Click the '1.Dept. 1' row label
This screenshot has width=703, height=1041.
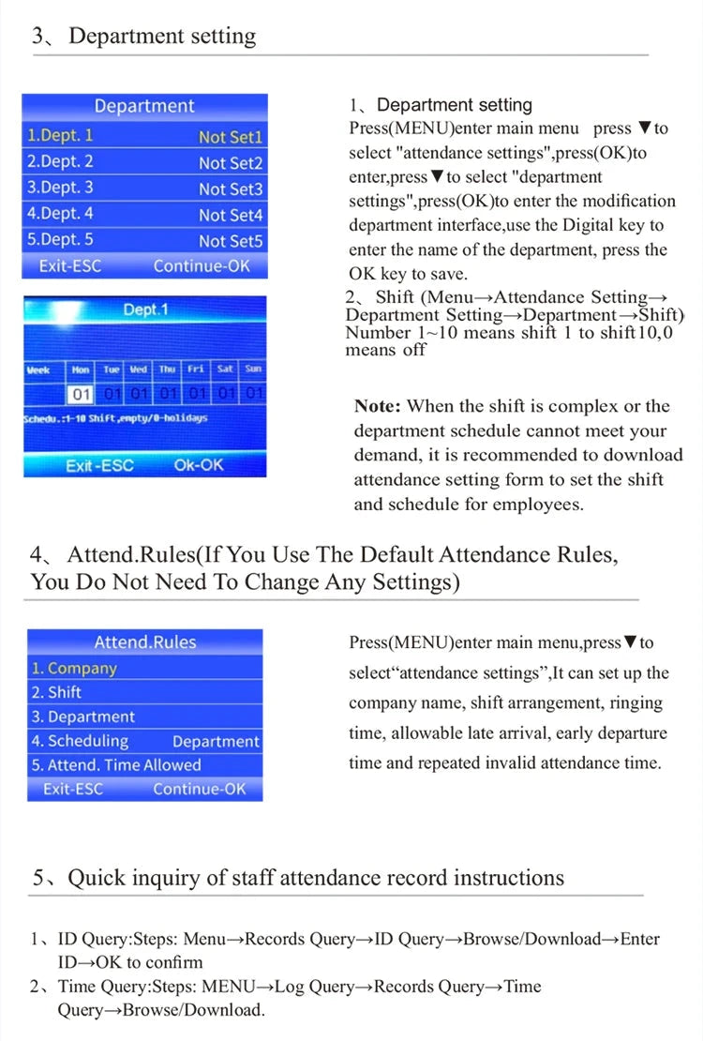[x=61, y=136]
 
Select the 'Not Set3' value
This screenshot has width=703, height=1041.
[x=231, y=189]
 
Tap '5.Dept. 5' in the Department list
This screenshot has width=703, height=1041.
[x=61, y=240]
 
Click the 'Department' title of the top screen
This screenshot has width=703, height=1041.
[x=144, y=106]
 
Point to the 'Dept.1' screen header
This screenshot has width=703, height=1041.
[x=146, y=309]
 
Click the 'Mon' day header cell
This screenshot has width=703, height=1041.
[x=81, y=370]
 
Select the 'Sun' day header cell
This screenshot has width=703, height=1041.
[x=253, y=370]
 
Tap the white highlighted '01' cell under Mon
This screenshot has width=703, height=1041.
[x=82, y=392]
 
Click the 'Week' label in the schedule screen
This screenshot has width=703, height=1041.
[x=38, y=370]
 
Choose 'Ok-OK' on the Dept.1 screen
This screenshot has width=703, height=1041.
[x=199, y=465]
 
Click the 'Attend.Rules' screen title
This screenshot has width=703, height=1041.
[x=145, y=642]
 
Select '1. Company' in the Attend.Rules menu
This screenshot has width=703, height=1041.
[x=73, y=669]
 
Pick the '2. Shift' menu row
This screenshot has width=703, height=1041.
[x=56, y=693]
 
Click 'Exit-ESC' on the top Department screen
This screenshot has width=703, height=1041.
[x=70, y=266]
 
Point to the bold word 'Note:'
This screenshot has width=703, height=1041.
[x=378, y=407]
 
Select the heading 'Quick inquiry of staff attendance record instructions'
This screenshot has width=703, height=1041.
[x=316, y=878]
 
